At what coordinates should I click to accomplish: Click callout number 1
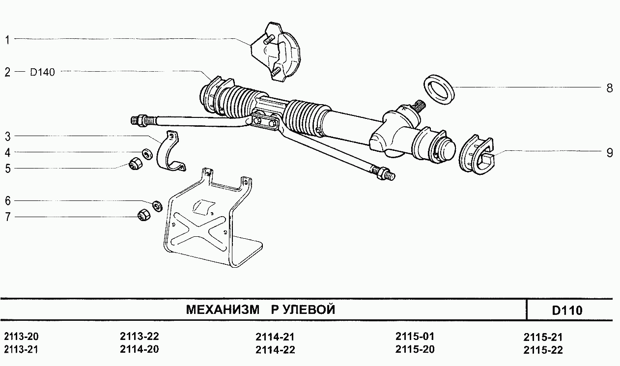(7, 40)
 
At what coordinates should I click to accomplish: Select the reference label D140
(42, 72)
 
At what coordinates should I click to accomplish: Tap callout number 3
(7, 137)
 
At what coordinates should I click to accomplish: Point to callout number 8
(610, 88)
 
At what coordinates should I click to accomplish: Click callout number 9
(610, 153)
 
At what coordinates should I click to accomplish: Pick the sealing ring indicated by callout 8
(439, 89)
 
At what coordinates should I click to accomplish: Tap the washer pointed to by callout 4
(147, 154)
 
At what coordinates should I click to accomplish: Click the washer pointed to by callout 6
(158, 206)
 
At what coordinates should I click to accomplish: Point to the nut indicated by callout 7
(144, 214)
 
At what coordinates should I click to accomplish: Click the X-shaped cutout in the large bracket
(199, 230)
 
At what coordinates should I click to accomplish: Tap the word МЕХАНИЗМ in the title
(223, 310)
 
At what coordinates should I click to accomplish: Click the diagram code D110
(567, 310)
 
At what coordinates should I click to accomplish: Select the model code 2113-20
(21, 337)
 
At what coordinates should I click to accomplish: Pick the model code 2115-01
(415, 337)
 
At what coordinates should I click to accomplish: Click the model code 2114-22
(275, 350)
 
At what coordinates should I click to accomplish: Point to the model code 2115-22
(543, 350)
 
